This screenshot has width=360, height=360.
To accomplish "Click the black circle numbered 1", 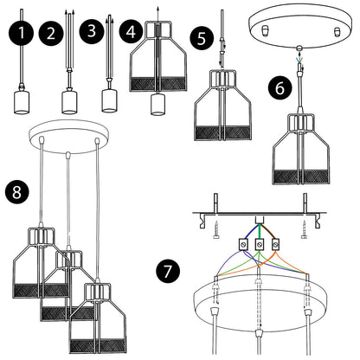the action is tap(21, 33).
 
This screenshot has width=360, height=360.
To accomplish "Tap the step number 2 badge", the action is tap(51, 34).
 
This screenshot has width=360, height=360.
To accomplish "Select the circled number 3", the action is tap(92, 31).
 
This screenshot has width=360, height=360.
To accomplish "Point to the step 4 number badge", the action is tap(131, 31).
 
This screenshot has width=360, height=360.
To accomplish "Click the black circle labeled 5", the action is tap(202, 38).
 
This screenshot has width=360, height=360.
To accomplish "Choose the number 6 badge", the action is tap(280, 88).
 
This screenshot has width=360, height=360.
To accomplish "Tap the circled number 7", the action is tap(168, 271).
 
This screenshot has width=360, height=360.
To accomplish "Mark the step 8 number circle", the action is tap(16, 192).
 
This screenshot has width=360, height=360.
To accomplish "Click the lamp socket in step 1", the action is tap(22, 102).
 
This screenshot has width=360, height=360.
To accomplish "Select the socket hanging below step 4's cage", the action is tap(157, 104).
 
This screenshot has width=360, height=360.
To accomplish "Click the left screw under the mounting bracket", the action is tap(216, 229).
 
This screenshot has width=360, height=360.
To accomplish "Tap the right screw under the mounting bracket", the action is tap(304, 229).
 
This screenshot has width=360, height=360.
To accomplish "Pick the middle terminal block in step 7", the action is tap(260, 244).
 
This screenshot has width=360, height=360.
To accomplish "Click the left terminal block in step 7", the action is tap(243, 244).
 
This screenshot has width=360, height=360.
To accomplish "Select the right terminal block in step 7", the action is tap(276, 244).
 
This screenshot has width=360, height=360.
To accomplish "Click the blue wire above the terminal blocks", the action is tap(250, 232).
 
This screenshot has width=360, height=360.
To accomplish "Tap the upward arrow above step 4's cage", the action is tap(157, 18).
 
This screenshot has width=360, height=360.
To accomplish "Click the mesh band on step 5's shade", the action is tap(222, 132).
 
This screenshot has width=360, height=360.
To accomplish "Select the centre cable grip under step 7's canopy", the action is tap(260, 333).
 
